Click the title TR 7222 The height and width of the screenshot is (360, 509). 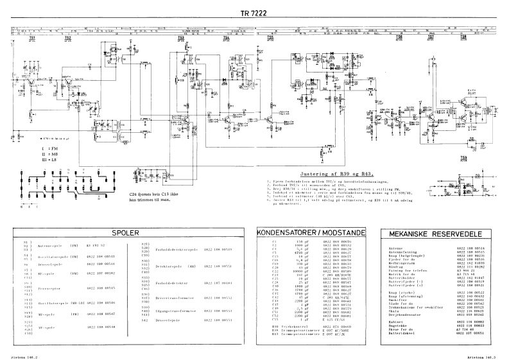pyautogui.click(x=254, y=14)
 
